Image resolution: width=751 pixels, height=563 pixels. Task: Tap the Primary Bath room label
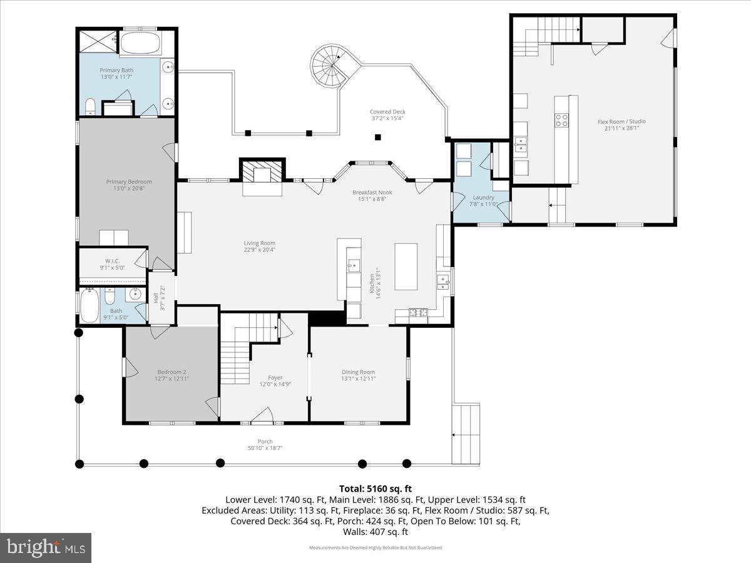click(x=116, y=71)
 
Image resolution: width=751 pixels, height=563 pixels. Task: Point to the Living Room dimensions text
click(x=260, y=250)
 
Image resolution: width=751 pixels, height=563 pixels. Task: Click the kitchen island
click(x=406, y=266)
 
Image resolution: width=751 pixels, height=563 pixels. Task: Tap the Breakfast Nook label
click(x=372, y=193)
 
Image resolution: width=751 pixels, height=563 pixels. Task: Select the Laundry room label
click(x=483, y=198)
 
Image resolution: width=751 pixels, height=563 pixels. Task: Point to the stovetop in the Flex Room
click(x=561, y=119)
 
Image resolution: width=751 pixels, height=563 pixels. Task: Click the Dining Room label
click(x=358, y=372)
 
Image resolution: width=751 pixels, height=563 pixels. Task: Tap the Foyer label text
click(x=275, y=377)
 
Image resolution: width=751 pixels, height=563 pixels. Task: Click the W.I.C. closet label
click(x=112, y=261)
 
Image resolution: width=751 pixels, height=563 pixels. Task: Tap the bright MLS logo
click(x=46, y=548)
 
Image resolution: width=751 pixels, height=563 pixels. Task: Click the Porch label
click(x=265, y=441)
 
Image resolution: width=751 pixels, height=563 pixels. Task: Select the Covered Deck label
click(x=387, y=112)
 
